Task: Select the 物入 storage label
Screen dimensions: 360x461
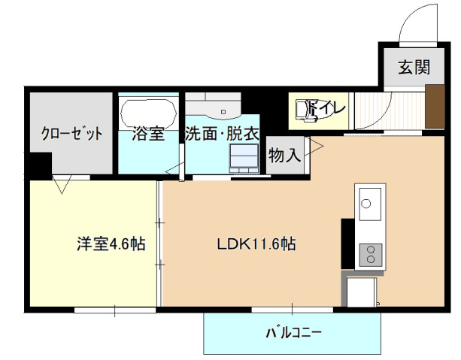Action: pos(285,156)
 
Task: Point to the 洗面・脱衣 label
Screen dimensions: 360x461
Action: pos(223,135)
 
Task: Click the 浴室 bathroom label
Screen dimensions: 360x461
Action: pos(148,135)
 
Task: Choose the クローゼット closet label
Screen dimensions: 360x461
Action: pos(72,135)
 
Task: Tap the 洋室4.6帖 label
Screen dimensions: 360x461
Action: pos(111,244)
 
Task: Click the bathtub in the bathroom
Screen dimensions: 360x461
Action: pos(148,111)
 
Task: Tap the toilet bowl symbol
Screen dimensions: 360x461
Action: pos(307,110)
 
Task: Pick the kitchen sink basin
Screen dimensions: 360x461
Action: pos(369,202)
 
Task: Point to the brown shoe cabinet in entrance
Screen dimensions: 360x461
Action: pos(435,106)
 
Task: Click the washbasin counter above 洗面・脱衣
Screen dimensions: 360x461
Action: pos(214,104)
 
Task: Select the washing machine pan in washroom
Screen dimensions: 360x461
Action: pos(244,159)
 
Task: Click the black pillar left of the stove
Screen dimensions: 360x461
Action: pos(347,242)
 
